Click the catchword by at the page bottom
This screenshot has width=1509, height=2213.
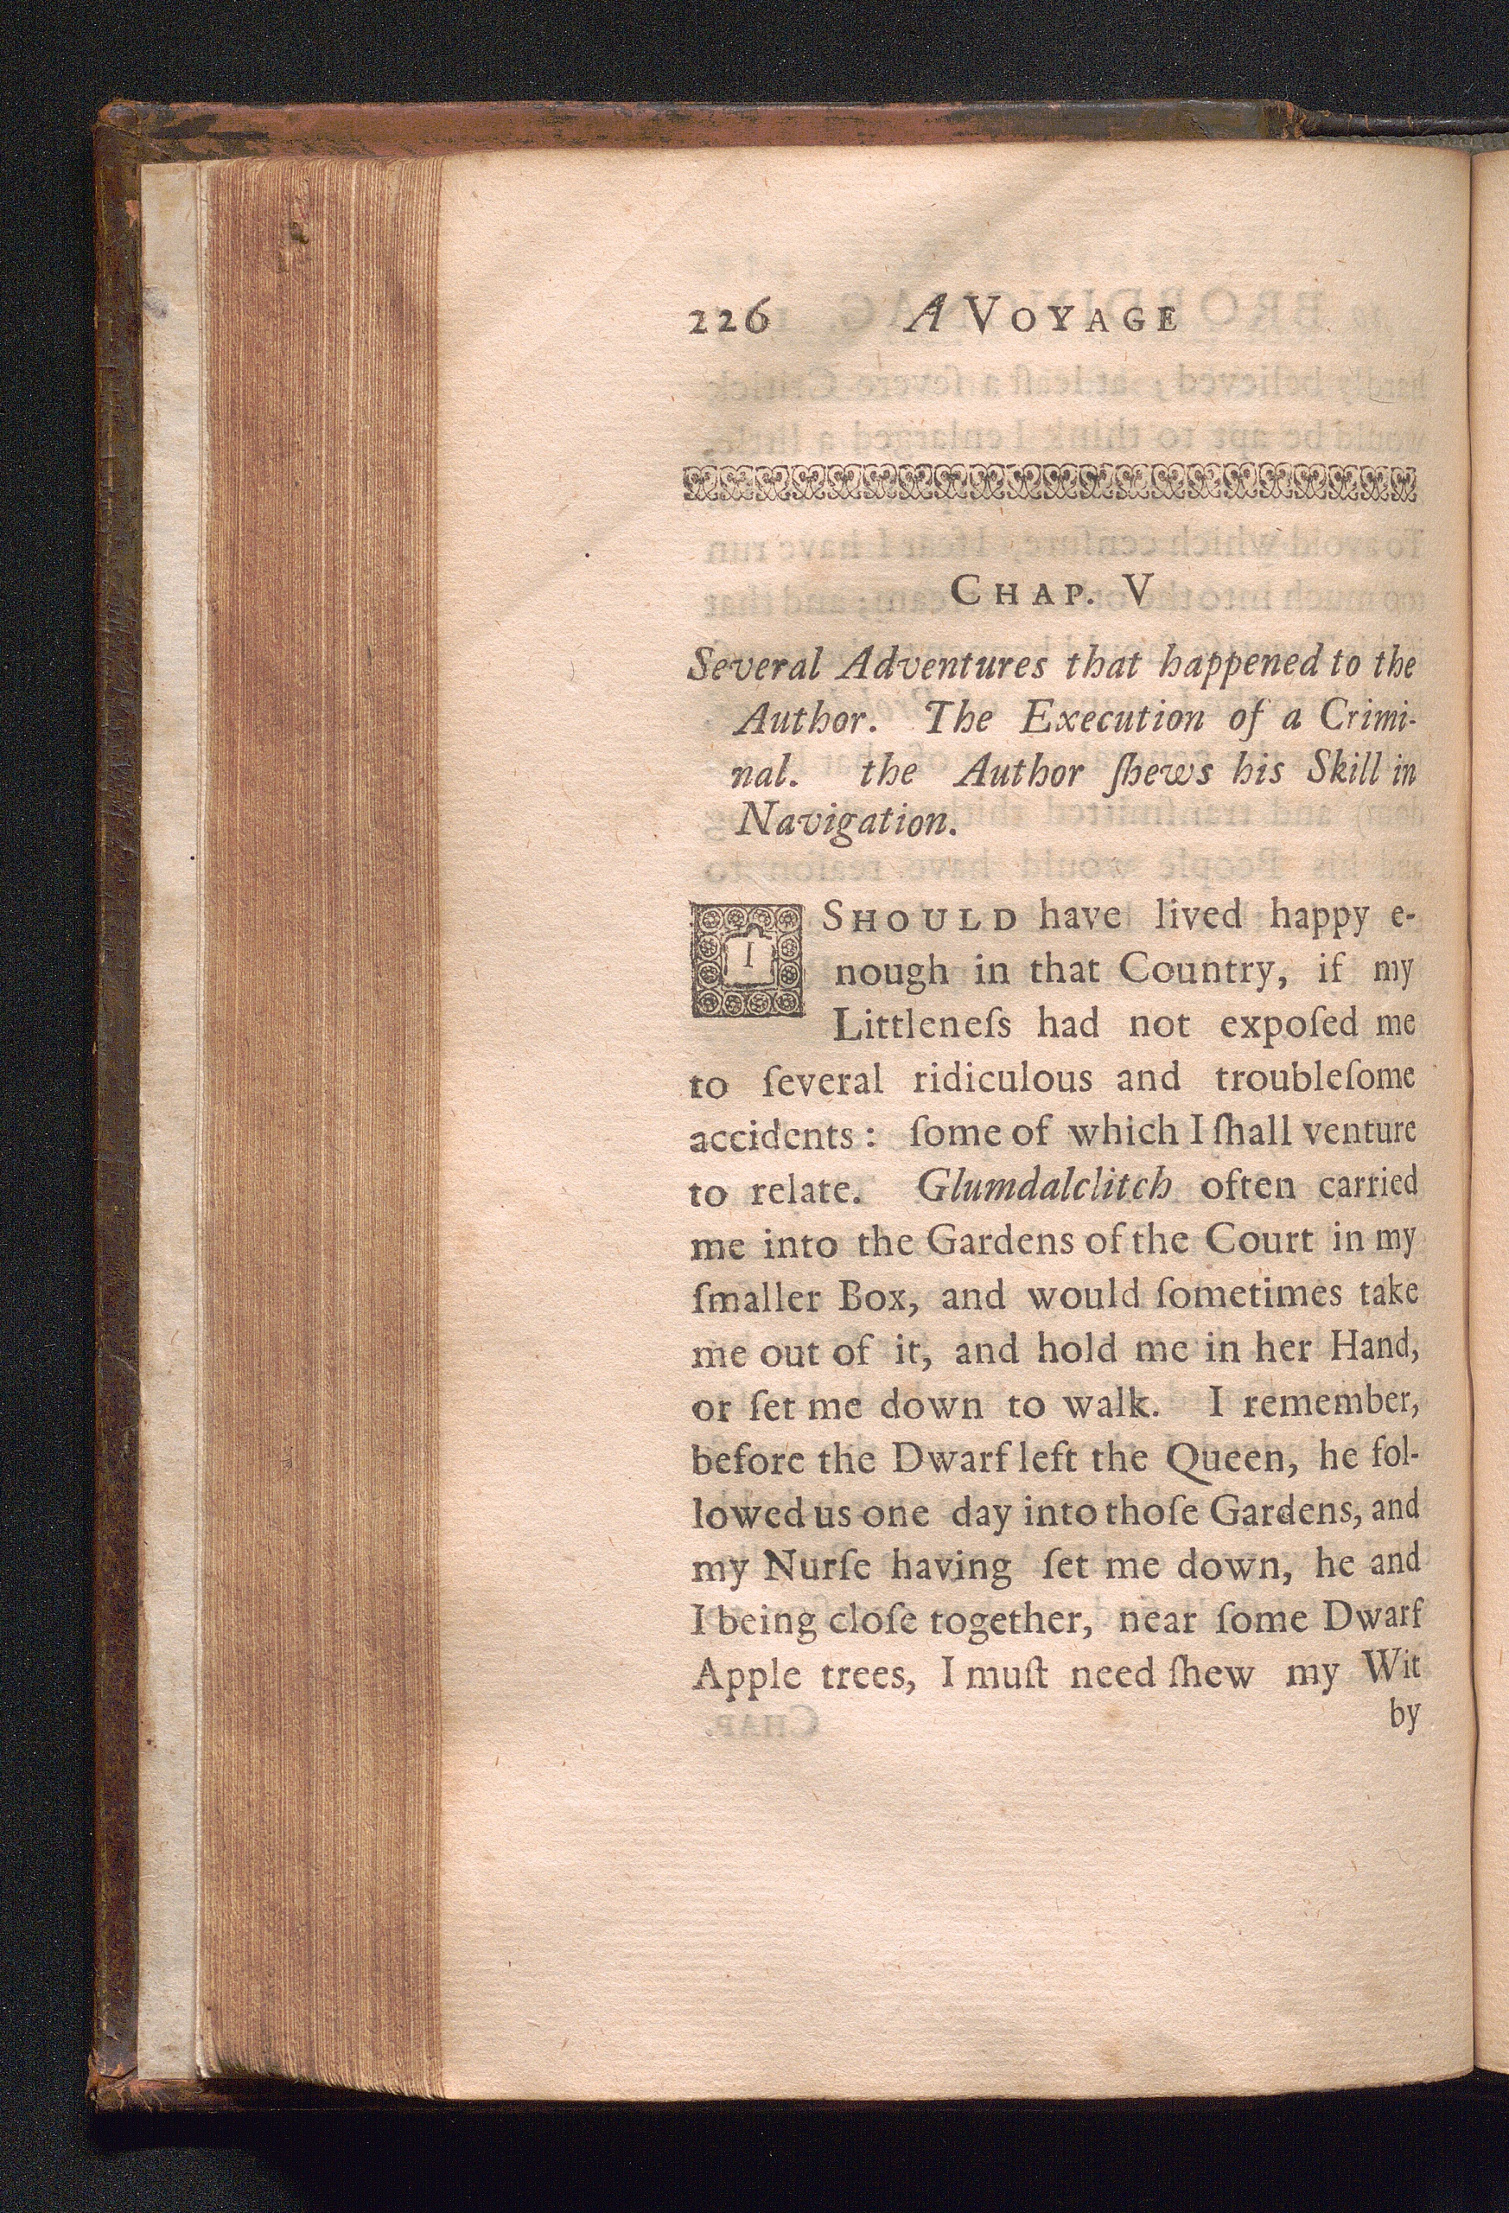pos(1404,1716)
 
